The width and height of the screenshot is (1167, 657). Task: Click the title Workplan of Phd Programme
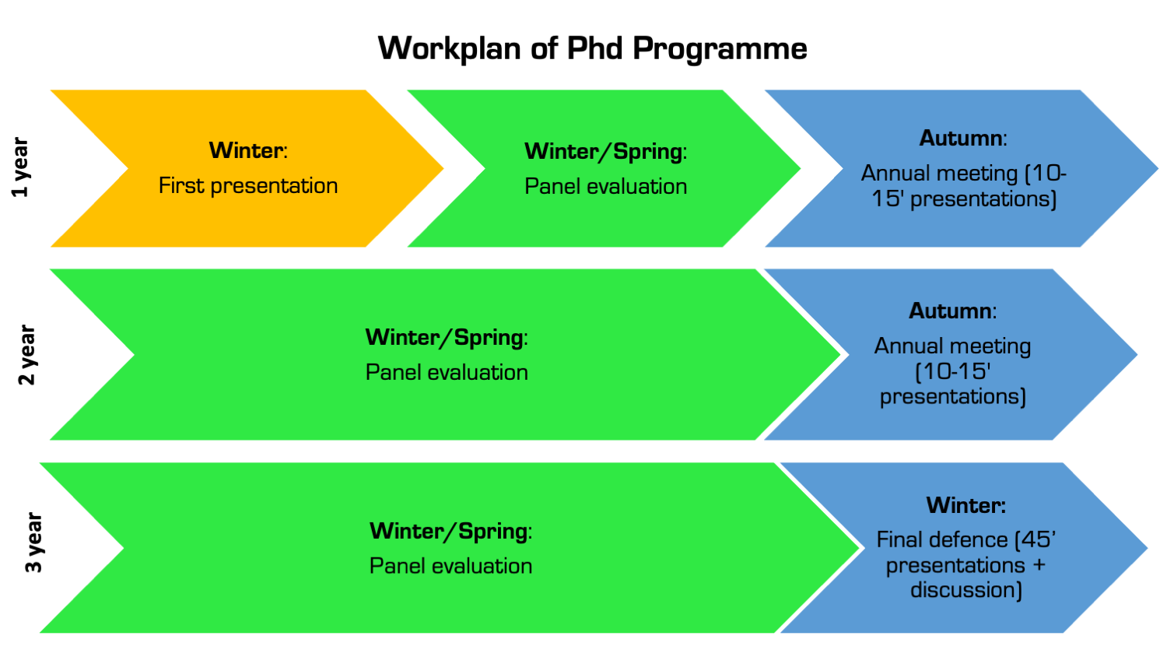[x=592, y=48]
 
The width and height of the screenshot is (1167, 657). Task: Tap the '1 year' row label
[x=20, y=167]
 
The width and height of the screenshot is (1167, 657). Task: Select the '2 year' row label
[x=26, y=355]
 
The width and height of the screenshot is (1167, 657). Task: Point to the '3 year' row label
[x=33, y=543]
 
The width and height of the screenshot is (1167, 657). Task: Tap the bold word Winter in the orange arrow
[x=246, y=150]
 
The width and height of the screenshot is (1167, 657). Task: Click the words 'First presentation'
[x=248, y=186]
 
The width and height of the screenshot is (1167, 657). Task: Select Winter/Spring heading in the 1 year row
[x=605, y=151]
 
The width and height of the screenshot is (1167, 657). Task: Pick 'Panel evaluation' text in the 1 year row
[x=605, y=187]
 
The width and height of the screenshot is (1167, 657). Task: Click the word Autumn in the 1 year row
[x=960, y=139]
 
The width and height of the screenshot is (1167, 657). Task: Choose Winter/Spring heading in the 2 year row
[x=446, y=337]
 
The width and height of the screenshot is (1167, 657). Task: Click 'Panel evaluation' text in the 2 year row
[x=447, y=373]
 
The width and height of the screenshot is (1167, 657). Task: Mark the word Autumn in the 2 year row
[x=950, y=311]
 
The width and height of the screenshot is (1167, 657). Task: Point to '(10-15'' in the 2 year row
[x=952, y=371]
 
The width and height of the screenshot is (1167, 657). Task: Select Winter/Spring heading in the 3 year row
[x=450, y=531]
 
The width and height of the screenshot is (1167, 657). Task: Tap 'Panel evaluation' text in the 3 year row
[x=450, y=566]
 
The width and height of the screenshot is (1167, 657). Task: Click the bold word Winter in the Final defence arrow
[x=965, y=505]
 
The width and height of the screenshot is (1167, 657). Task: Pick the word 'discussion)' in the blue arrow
[x=965, y=590]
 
